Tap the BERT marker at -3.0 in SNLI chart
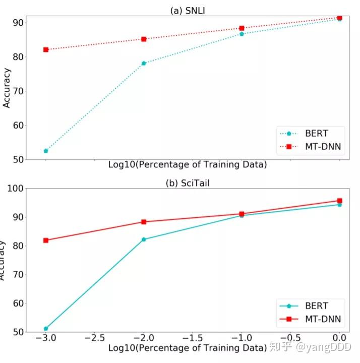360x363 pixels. (x=46, y=151)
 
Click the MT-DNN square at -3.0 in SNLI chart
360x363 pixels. (x=46, y=49)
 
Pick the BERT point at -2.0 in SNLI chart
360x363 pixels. (x=144, y=63)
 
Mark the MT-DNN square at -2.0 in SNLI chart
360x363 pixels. (x=144, y=39)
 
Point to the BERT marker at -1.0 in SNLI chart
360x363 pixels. (x=242, y=34)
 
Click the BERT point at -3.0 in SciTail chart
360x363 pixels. (x=46, y=329)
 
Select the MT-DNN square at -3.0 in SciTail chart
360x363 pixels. (x=46, y=240)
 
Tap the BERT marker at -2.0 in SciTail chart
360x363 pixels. (x=144, y=239)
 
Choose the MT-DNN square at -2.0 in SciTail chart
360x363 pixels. (x=144, y=222)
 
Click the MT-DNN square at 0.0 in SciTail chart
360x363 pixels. (x=339, y=201)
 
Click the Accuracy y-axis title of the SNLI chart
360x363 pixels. (x=7, y=87)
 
